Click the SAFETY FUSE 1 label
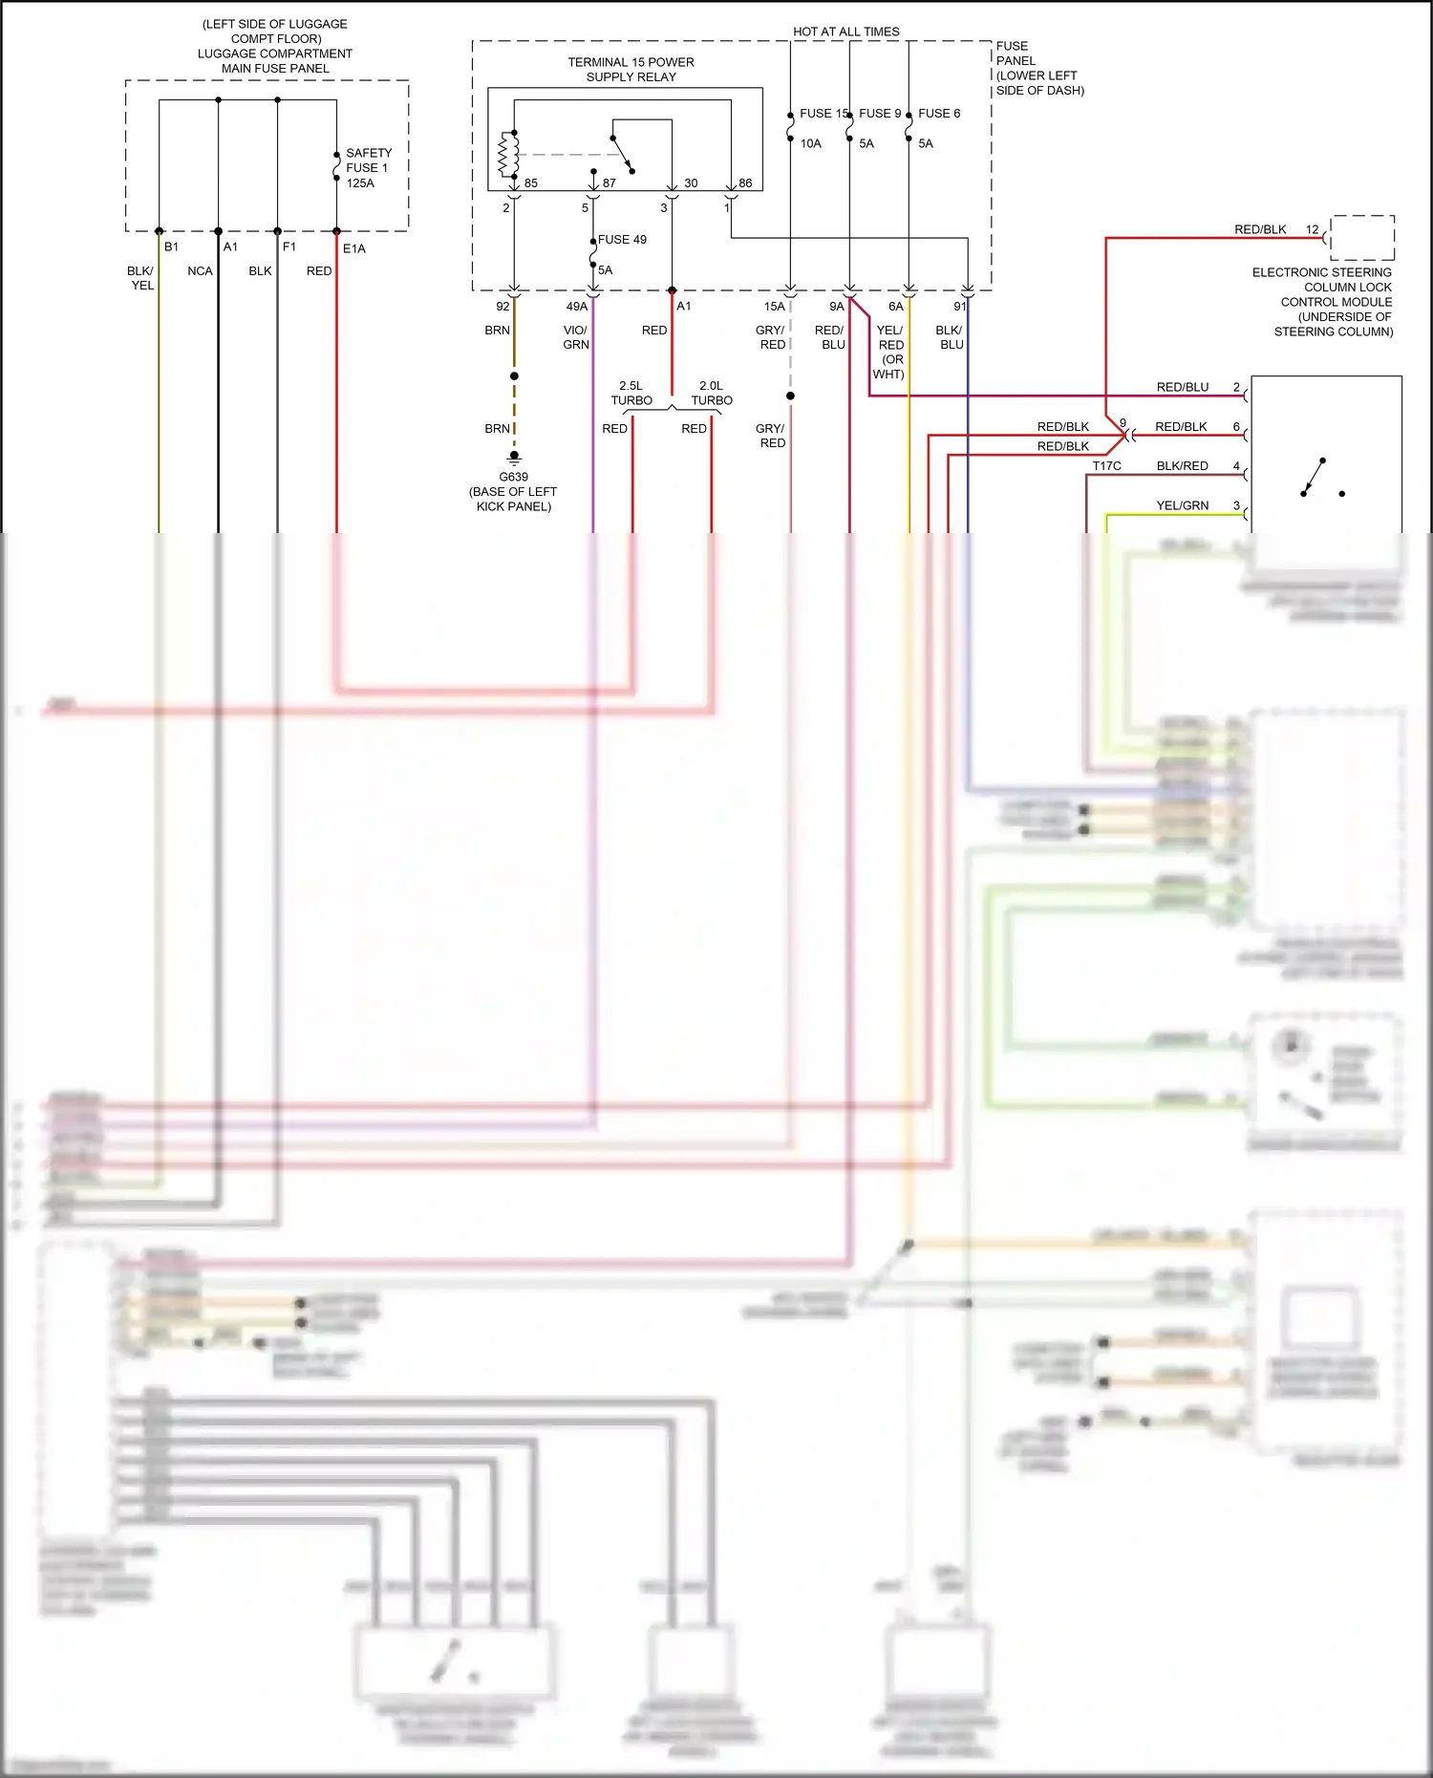coord(368,161)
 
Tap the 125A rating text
coord(360,183)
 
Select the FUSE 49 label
coord(622,240)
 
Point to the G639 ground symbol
coord(514,458)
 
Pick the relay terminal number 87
coord(610,183)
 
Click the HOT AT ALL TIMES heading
coord(845,32)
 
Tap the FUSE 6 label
coord(939,114)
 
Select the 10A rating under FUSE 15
coord(810,144)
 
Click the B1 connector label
coord(171,247)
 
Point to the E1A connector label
coord(353,248)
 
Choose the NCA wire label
coord(200,271)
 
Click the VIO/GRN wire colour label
coord(575,337)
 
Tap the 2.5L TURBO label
coord(631,394)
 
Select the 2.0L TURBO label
coord(712,394)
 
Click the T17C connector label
coord(1106,466)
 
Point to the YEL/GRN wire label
coord(1182,505)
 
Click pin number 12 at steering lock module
coord(1312,229)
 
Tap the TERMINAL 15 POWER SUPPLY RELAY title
coord(631,70)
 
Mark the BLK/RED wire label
coord(1182,466)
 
